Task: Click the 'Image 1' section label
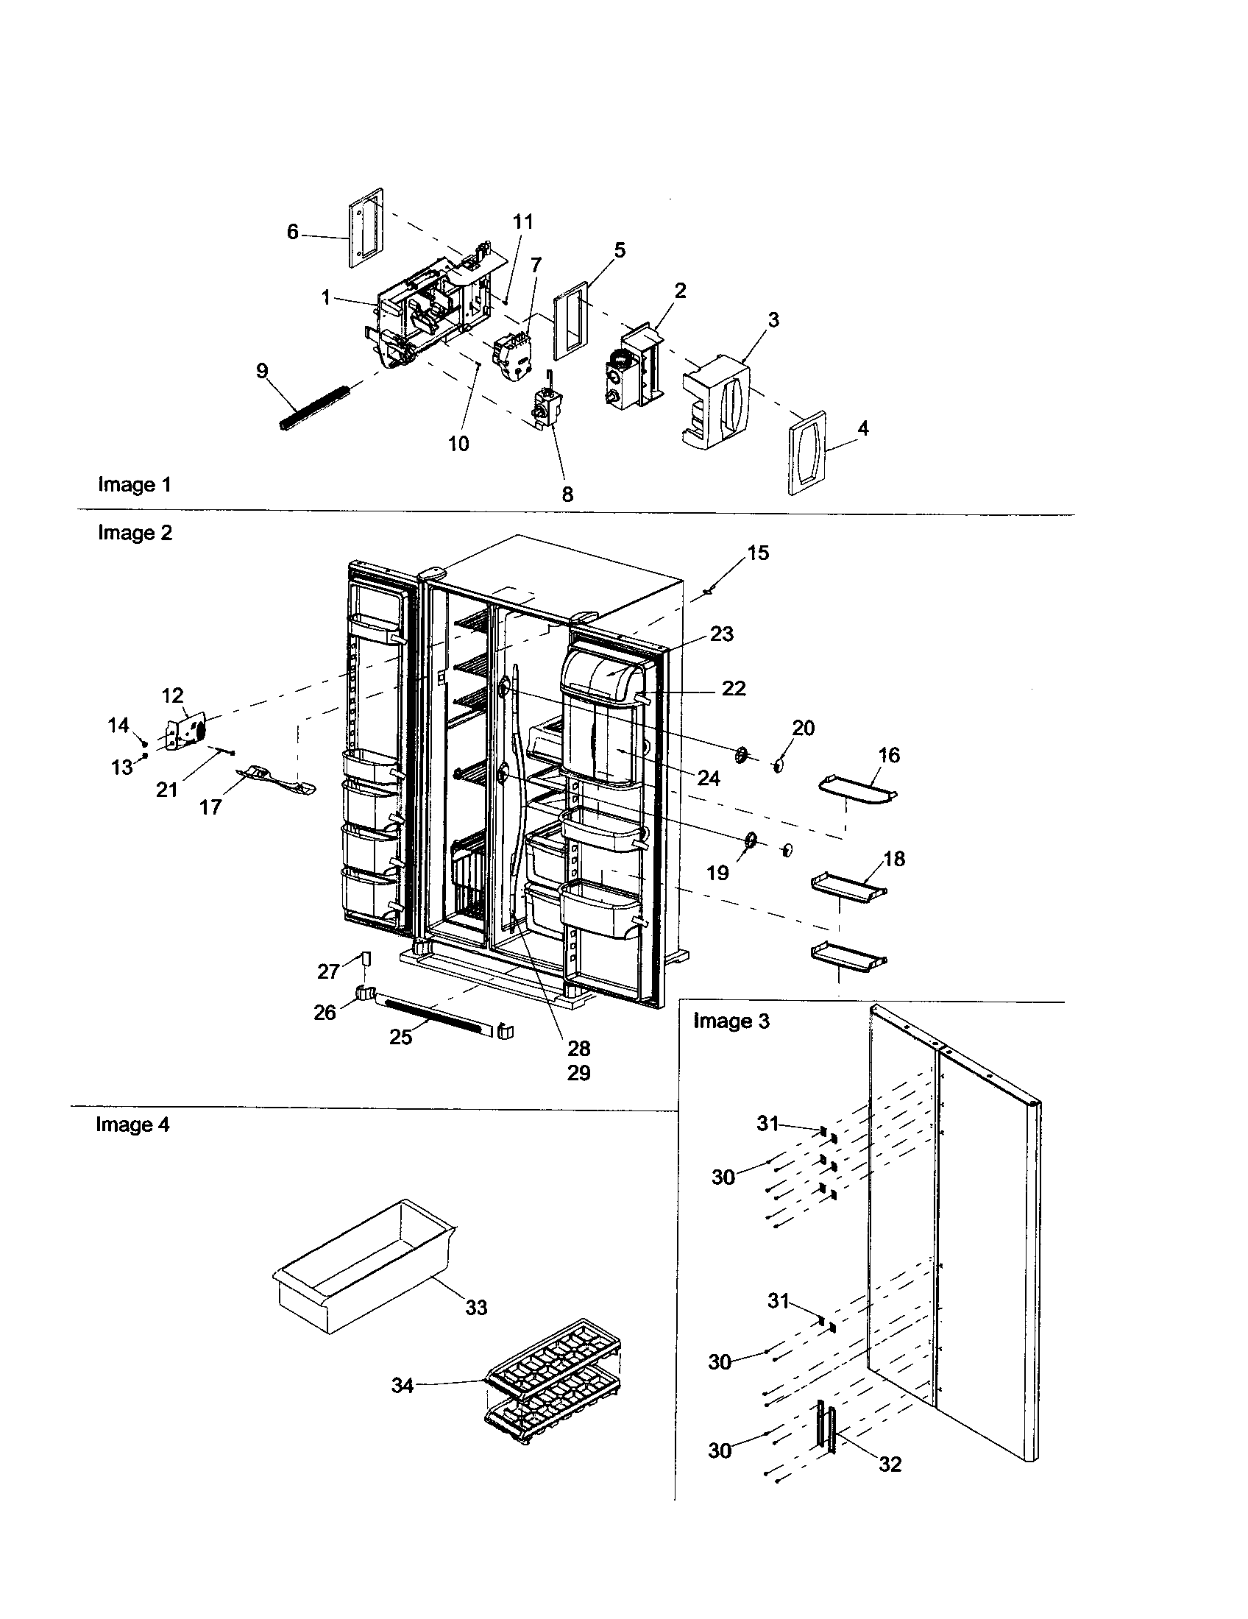(x=134, y=485)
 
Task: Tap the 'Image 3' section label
(x=731, y=1021)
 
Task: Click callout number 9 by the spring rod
(x=263, y=371)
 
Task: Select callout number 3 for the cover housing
(x=773, y=320)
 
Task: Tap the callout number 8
(x=567, y=495)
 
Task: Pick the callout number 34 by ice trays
(x=403, y=1386)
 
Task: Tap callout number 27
(x=328, y=971)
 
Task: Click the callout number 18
(x=895, y=858)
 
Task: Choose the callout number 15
(x=758, y=553)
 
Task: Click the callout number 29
(x=579, y=1073)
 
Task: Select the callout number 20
(x=804, y=728)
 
